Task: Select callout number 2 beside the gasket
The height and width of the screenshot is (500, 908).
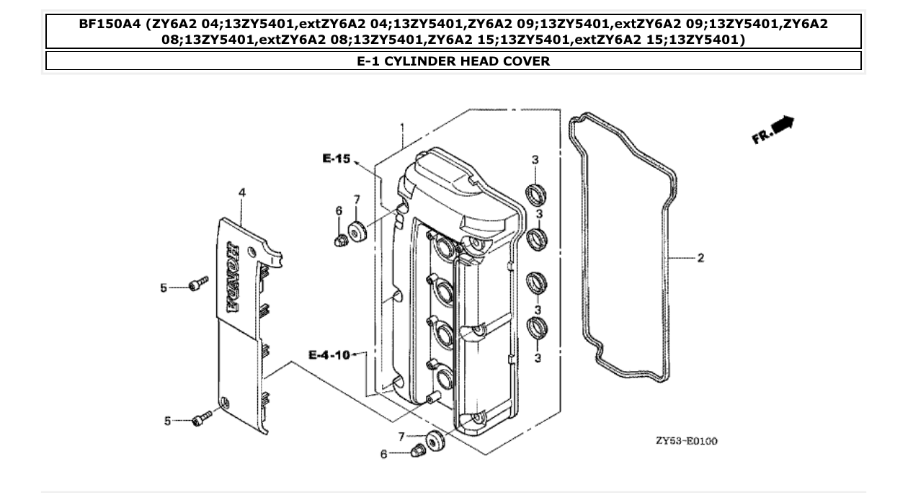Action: point(700,258)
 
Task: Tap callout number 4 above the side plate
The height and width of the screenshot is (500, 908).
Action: point(242,192)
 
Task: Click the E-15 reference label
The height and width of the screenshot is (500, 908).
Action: point(335,159)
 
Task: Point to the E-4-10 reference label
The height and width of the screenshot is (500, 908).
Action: point(329,354)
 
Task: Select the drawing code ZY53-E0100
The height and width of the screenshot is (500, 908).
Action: point(686,441)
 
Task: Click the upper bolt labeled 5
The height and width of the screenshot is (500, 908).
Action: point(198,284)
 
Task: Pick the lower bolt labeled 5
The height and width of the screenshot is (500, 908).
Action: point(201,418)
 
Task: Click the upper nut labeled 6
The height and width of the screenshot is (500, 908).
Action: point(341,239)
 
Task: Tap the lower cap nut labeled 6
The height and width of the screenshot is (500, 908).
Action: point(417,452)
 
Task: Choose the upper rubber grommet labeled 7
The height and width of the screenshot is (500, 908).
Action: point(356,231)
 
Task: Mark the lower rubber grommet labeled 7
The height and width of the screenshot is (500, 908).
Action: point(434,439)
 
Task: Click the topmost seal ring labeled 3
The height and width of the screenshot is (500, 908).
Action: point(535,193)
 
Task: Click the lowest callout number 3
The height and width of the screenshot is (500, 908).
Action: point(538,357)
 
